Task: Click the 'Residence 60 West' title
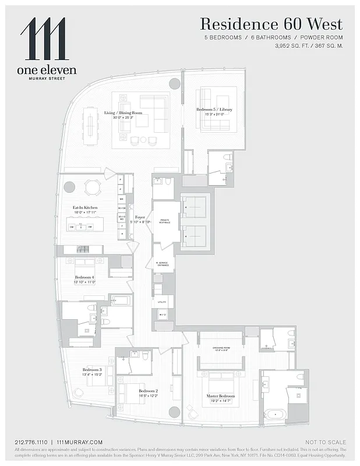[271, 24]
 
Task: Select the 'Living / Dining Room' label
[123, 113]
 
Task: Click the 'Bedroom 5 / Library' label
[211, 110]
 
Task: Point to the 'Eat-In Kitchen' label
[84, 207]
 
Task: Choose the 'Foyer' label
[140, 217]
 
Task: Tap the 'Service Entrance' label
[163, 263]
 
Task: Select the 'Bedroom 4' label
[84, 278]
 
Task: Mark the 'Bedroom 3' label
[92, 370]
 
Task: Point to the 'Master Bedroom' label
[221, 396]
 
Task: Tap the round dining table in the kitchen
[93, 187]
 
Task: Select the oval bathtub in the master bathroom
[275, 415]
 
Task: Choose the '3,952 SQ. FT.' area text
[294, 44]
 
